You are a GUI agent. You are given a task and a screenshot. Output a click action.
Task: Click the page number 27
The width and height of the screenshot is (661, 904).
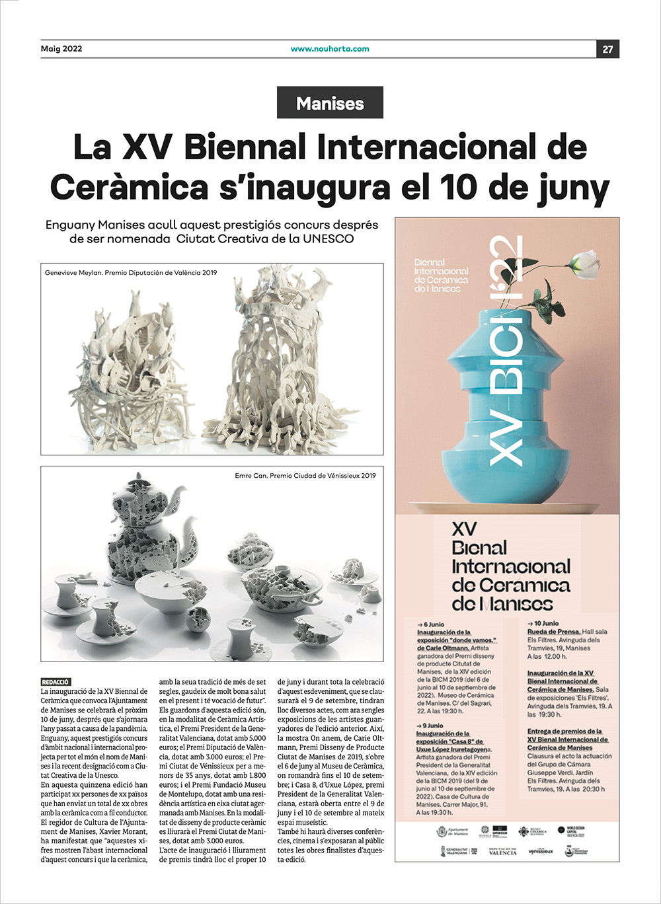coord(607,49)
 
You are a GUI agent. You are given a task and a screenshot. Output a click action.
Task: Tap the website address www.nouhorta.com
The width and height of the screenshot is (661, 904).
coord(330,49)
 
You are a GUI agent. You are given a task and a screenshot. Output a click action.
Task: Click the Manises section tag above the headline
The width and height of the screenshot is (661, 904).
coord(330,103)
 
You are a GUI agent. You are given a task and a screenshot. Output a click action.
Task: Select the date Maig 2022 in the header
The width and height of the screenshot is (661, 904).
coord(61,49)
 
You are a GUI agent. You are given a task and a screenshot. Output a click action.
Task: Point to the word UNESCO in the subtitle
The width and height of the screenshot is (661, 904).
coord(328,239)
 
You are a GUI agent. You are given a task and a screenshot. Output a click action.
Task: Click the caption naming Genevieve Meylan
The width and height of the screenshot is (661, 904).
coord(130,272)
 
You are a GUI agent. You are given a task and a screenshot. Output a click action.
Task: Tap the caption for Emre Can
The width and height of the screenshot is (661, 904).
coord(305,475)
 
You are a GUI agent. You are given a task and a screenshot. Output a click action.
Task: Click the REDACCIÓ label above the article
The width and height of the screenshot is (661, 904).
coord(56,682)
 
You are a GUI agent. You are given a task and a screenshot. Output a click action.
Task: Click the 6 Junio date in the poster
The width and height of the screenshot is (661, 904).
coord(431,624)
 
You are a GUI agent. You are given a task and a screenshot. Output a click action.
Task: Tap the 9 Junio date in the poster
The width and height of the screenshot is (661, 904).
coord(430,726)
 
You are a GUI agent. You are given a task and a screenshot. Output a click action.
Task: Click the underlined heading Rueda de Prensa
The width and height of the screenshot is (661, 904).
coord(554,632)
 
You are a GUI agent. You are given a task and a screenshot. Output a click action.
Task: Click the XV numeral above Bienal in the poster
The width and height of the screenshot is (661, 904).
coord(463,529)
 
